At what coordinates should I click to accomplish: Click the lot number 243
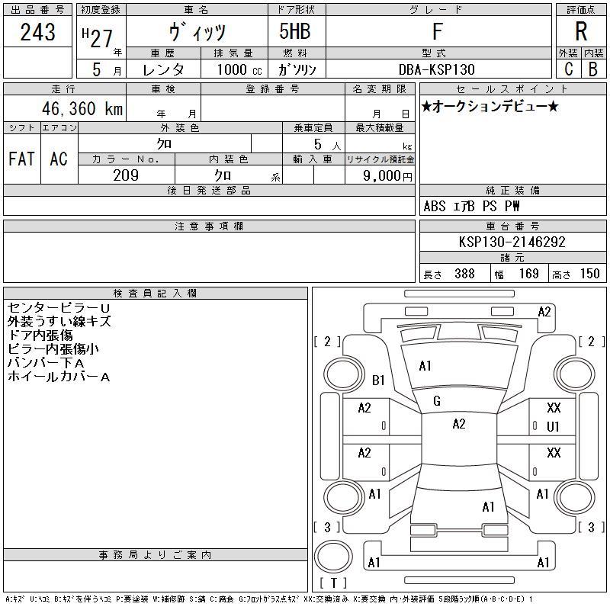pyautogui.click(x=37, y=32)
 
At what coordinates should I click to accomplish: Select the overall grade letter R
pyautogui.click(x=581, y=31)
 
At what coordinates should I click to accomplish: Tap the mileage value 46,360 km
pyautogui.click(x=82, y=108)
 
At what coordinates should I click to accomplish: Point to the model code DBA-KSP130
pyautogui.click(x=436, y=69)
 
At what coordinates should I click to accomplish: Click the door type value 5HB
pyautogui.click(x=295, y=31)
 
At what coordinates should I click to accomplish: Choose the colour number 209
pyautogui.click(x=126, y=175)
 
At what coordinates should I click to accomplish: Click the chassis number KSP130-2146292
pyautogui.click(x=512, y=242)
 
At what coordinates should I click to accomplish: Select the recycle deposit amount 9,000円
pyautogui.click(x=387, y=176)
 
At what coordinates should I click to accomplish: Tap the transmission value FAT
pyautogui.click(x=22, y=159)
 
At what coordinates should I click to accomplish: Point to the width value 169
pyautogui.click(x=528, y=274)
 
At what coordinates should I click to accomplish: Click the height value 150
pyautogui.click(x=589, y=274)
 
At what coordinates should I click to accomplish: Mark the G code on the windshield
pyautogui.click(x=437, y=401)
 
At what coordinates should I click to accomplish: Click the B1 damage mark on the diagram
pyautogui.click(x=378, y=380)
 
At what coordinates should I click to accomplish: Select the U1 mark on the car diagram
pyautogui.click(x=553, y=427)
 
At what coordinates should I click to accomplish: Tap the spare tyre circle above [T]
pyautogui.click(x=333, y=557)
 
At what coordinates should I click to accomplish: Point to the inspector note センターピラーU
pyautogui.click(x=59, y=308)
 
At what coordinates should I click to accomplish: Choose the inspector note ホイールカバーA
pyautogui.click(x=59, y=377)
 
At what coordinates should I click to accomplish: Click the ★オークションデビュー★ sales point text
pyautogui.click(x=490, y=106)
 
